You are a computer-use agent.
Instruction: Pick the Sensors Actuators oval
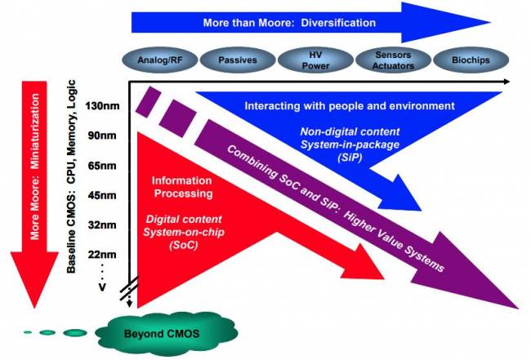pyautogui.click(x=391, y=60)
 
